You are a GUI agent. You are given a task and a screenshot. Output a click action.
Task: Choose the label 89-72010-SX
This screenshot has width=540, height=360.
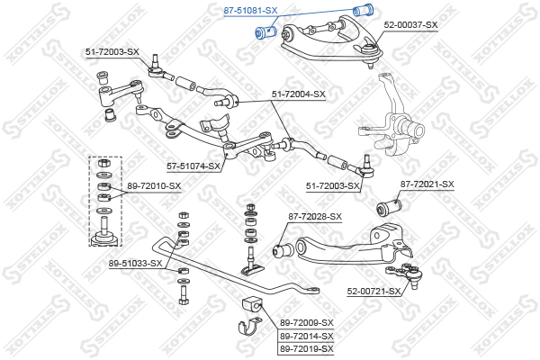pos(154,186)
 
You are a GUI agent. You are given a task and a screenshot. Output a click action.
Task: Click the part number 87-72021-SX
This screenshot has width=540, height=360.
pos(427,184)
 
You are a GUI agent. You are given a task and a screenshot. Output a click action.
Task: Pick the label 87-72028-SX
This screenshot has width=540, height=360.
pos(315,217)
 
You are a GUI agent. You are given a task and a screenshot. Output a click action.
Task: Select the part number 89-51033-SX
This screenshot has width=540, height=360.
pos(136,263)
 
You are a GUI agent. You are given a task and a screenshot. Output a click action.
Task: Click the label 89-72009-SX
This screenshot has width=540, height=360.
pos(306,322)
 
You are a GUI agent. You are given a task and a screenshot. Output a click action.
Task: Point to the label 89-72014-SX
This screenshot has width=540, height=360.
pos(306,336)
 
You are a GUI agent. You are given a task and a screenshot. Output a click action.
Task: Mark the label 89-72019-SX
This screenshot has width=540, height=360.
pos(306,348)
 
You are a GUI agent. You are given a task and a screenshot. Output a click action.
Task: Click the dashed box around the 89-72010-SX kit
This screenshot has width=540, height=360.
pos(105,201)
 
